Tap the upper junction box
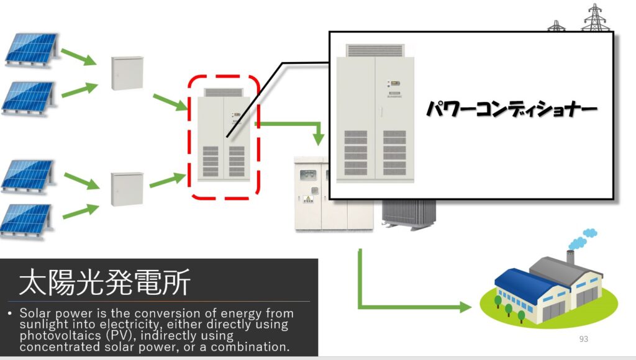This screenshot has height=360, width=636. [127, 73]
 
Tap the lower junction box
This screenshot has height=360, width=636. [127, 189]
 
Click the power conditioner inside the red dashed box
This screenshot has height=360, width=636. [224, 137]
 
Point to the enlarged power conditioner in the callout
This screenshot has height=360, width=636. [375, 115]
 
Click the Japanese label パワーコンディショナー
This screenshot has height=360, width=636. [511, 110]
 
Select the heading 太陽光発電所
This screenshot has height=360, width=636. [104, 283]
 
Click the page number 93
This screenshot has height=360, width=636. [583, 339]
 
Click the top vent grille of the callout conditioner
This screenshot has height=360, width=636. [375, 50]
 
